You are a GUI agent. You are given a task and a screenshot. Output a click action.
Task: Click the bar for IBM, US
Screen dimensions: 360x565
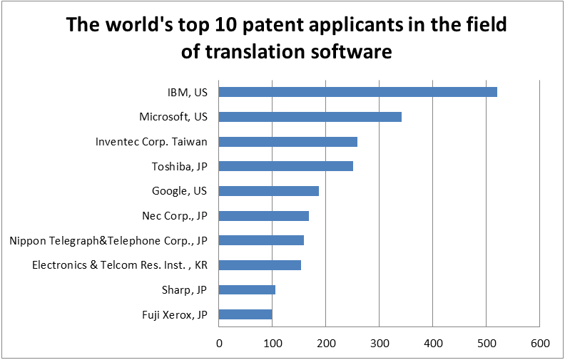[357, 92]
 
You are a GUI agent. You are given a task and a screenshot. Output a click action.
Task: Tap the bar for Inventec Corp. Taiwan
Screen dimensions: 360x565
[287, 142]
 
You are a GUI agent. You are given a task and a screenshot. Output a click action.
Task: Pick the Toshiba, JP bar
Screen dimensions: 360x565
[285, 166]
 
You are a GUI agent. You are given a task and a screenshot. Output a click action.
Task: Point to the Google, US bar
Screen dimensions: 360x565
[268, 191]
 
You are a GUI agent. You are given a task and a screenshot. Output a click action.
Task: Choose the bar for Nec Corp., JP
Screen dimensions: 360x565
[263, 215]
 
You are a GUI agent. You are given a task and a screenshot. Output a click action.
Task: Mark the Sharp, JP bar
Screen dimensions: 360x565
[247, 289]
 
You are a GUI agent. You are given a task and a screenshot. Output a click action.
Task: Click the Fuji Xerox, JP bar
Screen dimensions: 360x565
[245, 314]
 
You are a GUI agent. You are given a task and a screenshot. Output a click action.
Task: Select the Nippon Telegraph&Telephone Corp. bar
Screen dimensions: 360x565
[261, 240]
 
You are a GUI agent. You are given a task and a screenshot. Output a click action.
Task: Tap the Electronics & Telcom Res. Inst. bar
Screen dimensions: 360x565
[260, 265]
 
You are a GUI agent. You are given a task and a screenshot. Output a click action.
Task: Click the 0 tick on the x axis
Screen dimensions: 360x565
[219, 343]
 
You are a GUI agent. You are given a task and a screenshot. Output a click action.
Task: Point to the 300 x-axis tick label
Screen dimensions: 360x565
[379, 343]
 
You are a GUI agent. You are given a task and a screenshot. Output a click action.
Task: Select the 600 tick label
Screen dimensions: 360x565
[540, 343]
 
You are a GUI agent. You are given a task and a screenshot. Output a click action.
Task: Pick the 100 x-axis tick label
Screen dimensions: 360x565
[273, 343]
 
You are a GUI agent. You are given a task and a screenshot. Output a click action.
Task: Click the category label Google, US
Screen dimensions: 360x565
[179, 191]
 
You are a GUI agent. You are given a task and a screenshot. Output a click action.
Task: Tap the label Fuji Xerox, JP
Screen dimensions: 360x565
[175, 314]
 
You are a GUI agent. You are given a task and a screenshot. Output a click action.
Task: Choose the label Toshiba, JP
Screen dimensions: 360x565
[179, 166]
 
